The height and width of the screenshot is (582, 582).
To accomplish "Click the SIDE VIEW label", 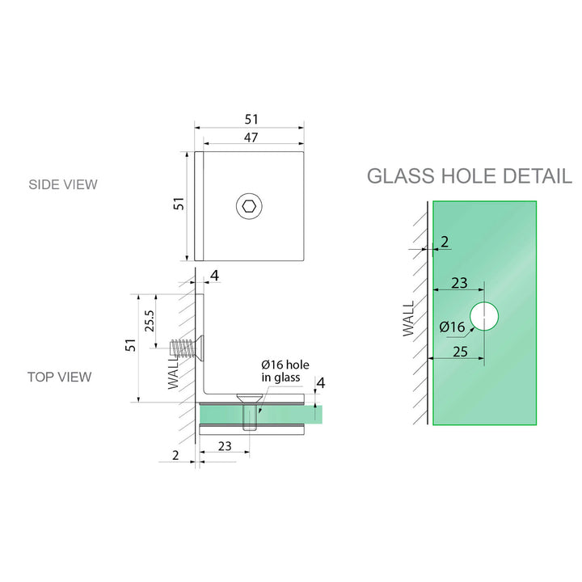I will (x=62, y=184).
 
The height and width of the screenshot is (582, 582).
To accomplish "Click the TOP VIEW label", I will (x=59, y=377).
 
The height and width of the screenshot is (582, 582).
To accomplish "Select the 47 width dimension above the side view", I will (x=251, y=137).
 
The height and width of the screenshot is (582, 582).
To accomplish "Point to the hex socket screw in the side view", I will (x=250, y=207).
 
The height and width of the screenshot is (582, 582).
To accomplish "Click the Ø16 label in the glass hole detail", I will (x=452, y=327).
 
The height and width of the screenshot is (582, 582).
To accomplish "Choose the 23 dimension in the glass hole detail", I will (x=458, y=283).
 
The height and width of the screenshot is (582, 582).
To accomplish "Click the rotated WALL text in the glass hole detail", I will (x=407, y=318).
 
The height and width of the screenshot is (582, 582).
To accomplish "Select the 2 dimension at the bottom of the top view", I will (x=176, y=455).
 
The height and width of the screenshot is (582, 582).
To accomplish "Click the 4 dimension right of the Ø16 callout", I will (x=320, y=382).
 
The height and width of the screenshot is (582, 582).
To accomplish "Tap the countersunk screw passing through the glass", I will (x=250, y=411).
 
